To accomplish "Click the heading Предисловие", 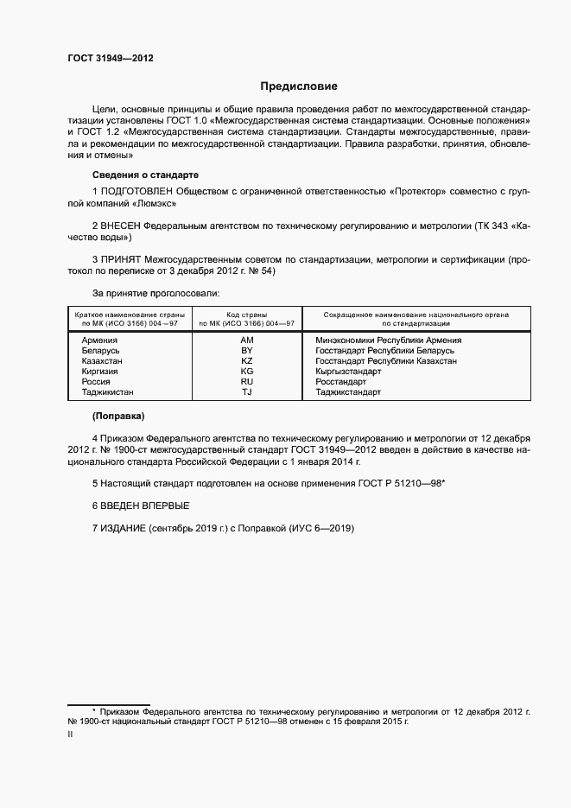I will [x=300, y=86].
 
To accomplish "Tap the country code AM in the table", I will [x=247, y=340].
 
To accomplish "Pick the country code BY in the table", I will [x=247, y=351].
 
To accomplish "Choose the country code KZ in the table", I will [x=247, y=361].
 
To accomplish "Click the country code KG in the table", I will [x=247, y=372].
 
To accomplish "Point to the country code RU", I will [x=247, y=382].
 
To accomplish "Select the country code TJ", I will [x=247, y=392].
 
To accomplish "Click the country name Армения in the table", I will [x=99, y=340].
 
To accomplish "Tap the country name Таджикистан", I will [x=108, y=392].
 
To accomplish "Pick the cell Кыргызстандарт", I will [x=348, y=372].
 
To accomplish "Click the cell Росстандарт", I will [x=341, y=382].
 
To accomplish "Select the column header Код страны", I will [x=247, y=315].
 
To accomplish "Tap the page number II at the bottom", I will [x=70, y=735].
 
